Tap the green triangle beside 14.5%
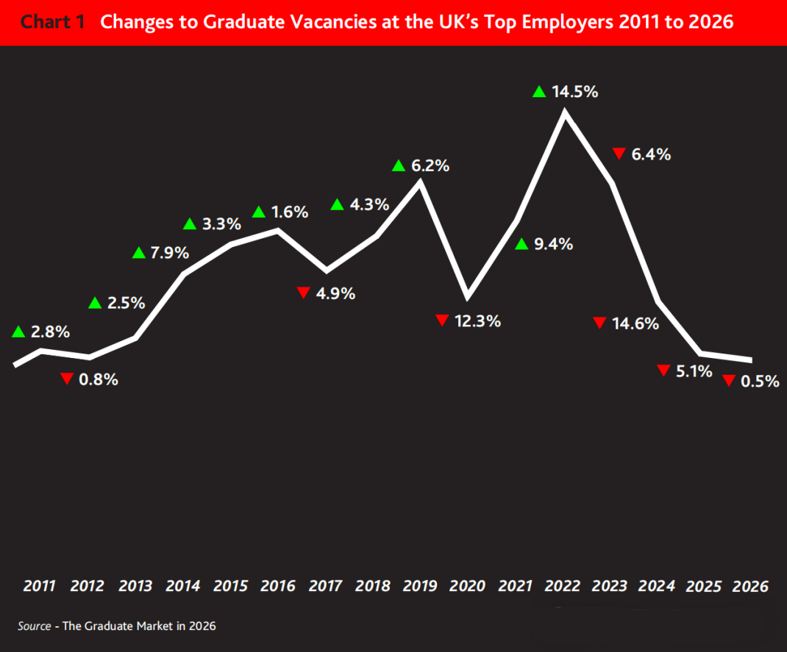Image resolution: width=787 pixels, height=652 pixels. coord(539,92)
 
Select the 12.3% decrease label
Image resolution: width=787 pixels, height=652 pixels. coord(478,321)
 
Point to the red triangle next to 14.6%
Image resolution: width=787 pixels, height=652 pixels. coord(599,323)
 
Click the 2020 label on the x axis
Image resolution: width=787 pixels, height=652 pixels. coord(467,587)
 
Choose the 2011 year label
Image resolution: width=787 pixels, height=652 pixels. coord(39,587)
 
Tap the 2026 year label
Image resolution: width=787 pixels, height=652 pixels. coord(751,587)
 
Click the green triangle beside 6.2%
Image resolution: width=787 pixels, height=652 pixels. coord(399,166)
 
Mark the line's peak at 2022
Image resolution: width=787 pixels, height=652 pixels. coord(565,112)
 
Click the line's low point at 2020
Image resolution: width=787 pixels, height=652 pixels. coord(468,297)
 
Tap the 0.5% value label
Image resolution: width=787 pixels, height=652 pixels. coord(761,381)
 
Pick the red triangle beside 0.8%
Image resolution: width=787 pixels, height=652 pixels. coord(67,379)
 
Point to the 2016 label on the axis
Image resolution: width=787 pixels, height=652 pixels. coord(278,587)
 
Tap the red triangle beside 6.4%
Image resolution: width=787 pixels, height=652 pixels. coord(619,154)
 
